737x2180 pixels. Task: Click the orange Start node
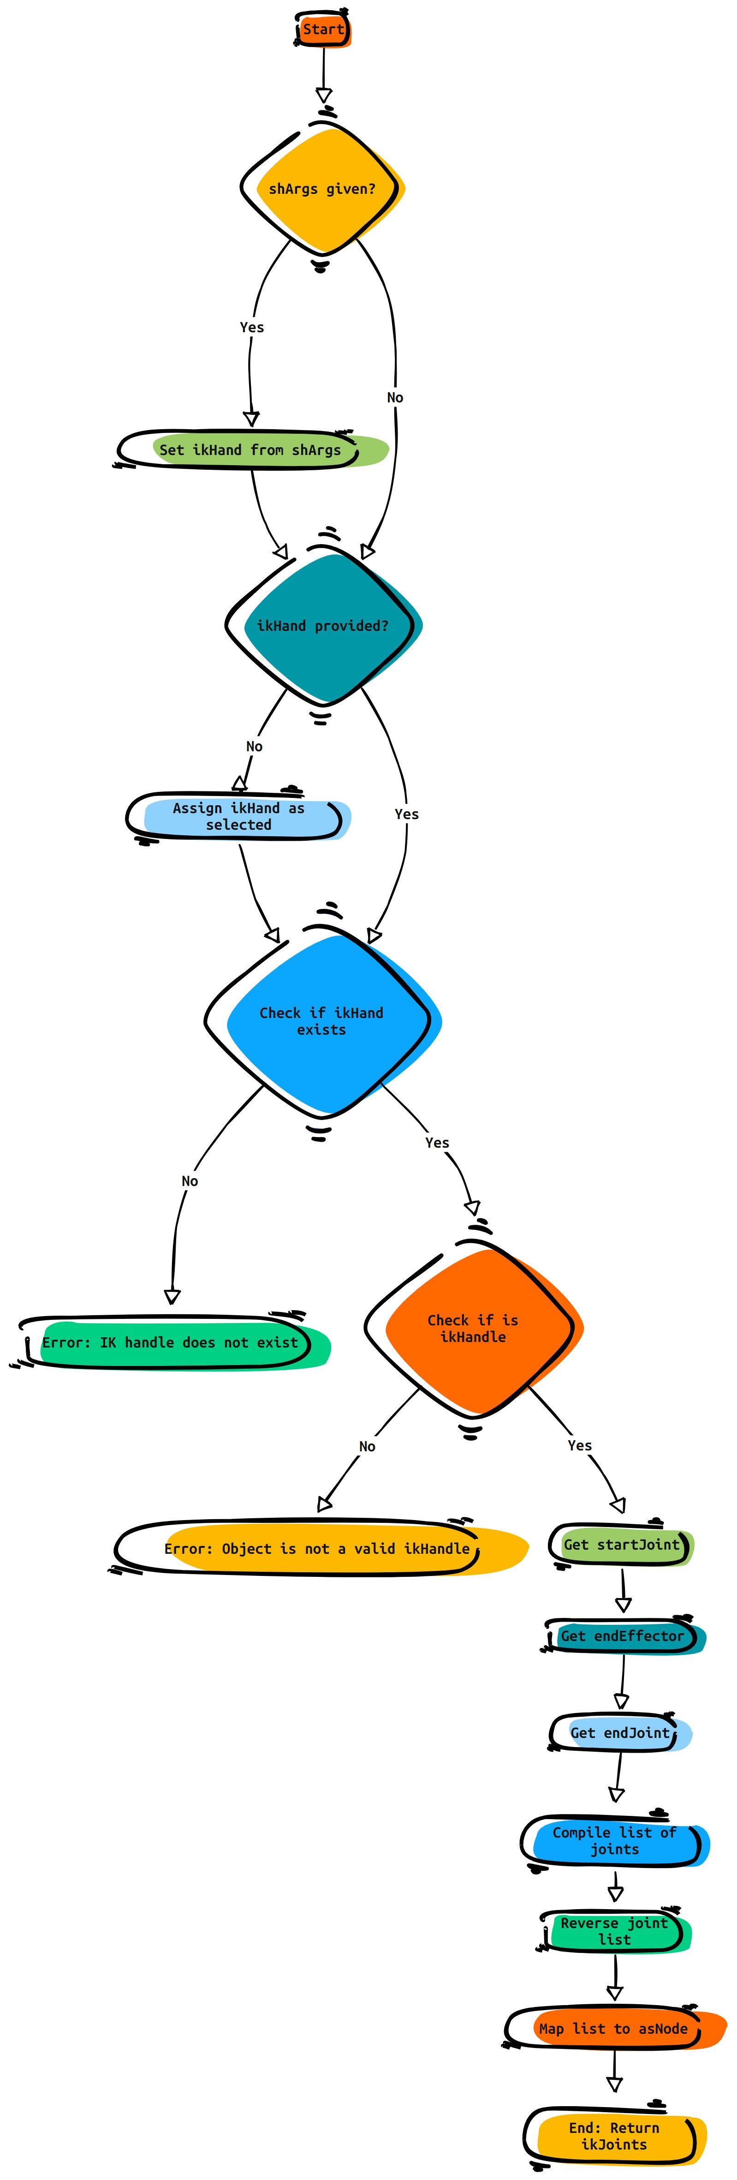[323, 30]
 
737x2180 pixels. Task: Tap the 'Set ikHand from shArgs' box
[251, 449]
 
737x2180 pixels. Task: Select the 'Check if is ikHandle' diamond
[473, 1329]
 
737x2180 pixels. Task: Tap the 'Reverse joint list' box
[615, 1931]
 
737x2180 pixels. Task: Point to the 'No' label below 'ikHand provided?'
[254, 746]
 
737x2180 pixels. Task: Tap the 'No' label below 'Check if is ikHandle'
[367, 1446]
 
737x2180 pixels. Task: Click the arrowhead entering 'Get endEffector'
[624, 1605]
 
